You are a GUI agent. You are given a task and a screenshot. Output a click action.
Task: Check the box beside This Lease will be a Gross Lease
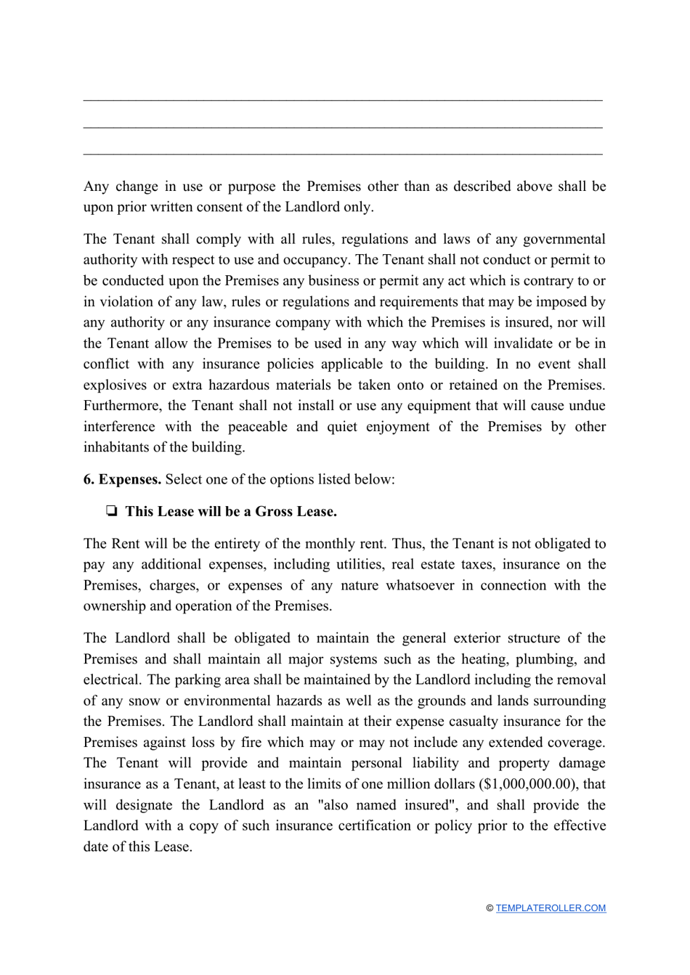point(112,512)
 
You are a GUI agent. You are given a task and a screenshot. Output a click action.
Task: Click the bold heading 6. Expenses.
point(122,479)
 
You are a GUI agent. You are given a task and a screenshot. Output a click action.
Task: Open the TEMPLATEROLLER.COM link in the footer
point(551,908)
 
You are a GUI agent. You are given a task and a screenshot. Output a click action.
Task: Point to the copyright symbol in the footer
point(490,908)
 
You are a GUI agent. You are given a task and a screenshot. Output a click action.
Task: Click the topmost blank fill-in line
point(343,99)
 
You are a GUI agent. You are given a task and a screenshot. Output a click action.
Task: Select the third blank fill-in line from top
point(343,153)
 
